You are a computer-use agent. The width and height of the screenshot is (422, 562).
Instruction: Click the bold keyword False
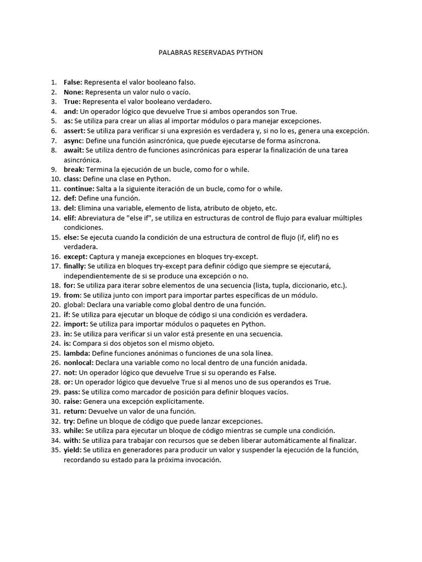pos(73,82)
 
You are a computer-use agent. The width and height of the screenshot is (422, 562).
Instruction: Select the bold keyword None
pos(73,92)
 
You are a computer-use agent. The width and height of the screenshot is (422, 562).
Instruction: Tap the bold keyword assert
pos(74,131)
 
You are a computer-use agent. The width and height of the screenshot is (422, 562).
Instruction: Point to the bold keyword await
pos(73,150)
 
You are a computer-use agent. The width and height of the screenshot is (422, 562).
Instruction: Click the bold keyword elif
pos(70,218)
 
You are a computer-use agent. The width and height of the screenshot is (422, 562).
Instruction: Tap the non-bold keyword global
pos(74,305)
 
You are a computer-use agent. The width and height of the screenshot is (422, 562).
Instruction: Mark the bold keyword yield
pos(72,450)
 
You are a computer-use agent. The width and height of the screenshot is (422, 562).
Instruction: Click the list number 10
pos(55,179)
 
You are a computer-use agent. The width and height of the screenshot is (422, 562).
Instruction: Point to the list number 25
pos(55,353)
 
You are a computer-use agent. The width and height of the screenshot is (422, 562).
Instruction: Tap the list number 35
pos(55,450)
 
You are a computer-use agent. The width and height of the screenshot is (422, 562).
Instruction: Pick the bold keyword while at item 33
pos(74,431)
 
